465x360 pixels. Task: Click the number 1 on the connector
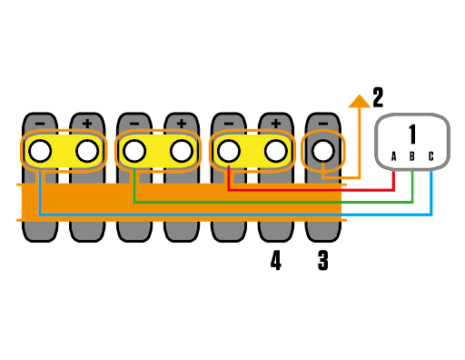coord(411,135)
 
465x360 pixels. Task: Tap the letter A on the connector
coord(393,156)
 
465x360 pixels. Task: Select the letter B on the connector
coord(411,156)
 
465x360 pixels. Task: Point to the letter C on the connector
coord(430,156)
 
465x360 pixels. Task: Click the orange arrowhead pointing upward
coord(359,101)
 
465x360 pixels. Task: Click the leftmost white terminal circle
coord(40,151)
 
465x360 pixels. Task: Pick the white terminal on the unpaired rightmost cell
coord(323,151)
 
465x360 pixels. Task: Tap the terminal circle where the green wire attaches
coord(134,151)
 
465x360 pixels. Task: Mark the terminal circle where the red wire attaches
coord(229,151)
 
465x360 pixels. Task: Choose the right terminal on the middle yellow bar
coord(182,151)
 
